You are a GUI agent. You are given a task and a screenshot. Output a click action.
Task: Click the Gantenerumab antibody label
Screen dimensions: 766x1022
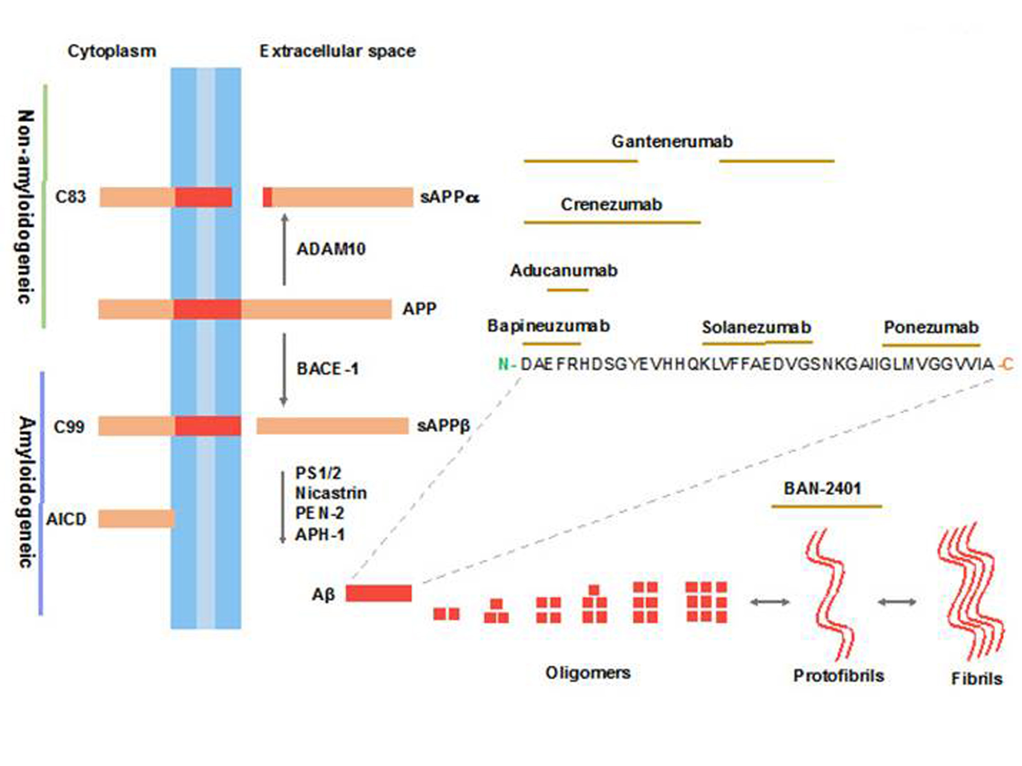point(672,141)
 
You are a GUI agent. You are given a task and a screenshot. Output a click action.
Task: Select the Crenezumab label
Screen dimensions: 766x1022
point(611,204)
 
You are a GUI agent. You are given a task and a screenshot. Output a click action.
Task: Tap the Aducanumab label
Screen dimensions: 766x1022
point(564,270)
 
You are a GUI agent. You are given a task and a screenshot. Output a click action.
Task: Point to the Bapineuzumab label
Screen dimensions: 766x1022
point(548,326)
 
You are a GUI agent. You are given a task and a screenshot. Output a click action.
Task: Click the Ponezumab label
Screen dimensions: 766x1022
point(931,327)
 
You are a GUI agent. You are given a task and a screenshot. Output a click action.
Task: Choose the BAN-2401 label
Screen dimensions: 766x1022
point(823,488)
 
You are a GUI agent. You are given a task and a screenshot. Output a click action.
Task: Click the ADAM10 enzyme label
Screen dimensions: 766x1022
point(331,250)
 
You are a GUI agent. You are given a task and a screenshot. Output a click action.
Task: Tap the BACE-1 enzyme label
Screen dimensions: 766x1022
point(327,369)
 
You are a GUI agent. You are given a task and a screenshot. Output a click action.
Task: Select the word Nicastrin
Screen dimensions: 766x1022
point(331,493)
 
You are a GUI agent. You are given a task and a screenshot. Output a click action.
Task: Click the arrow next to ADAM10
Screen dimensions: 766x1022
point(284,250)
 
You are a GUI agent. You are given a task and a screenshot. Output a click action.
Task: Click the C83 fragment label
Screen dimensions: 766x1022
point(70,197)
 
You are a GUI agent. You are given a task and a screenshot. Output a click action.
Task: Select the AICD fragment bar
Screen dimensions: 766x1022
point(136,519)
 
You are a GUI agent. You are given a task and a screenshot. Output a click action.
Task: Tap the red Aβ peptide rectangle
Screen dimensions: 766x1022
point(379,593)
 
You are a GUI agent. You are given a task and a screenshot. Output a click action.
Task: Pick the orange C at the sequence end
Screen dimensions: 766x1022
point(1008,364)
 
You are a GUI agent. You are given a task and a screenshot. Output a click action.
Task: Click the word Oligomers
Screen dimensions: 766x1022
point(588,673)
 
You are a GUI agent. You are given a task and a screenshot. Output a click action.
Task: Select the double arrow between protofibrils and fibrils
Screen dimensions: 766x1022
point(897,601)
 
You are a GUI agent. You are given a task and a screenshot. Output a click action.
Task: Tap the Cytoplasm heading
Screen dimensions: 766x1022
point(112,51)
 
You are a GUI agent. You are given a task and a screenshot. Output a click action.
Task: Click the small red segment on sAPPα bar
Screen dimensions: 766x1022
point(268,197)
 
